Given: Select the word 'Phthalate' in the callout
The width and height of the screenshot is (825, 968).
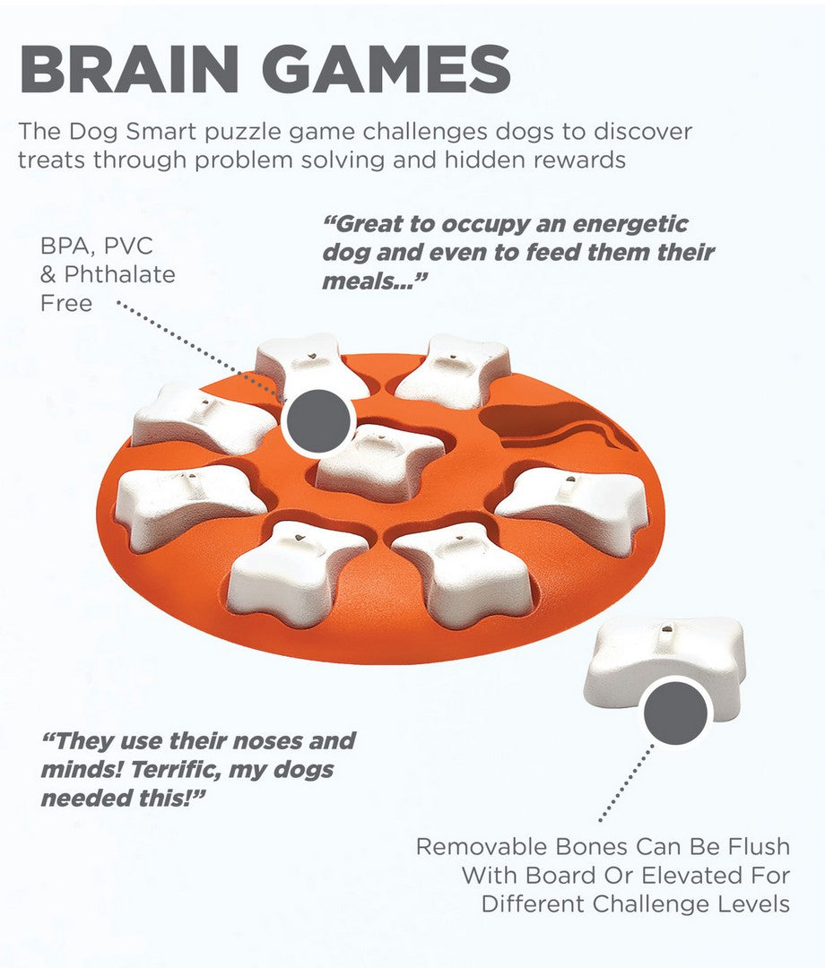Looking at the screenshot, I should [x=108, y=274].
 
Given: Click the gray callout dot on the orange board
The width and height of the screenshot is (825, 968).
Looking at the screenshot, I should [x=319, y=420].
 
